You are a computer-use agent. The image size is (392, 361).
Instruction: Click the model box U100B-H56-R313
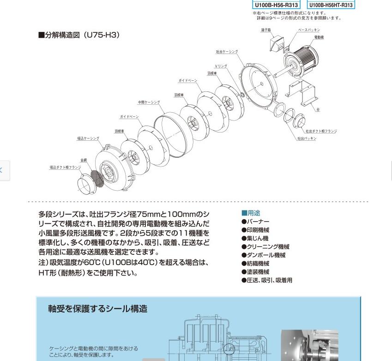click(x=276, y=5)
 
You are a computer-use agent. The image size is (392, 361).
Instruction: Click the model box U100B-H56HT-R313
click(x=331, y=5)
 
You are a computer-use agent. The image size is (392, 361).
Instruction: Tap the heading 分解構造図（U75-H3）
click(x=79, y=35)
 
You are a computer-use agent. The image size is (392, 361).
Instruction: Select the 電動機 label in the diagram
click(x=319, y=37)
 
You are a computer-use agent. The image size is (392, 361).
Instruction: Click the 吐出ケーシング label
click(x=227, y=52)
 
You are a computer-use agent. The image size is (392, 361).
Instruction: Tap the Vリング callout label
click(x=221, y=66)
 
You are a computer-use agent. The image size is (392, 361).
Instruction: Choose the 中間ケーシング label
click(x=149, y=102)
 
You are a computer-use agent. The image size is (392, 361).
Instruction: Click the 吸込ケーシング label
click(x=88, y=138)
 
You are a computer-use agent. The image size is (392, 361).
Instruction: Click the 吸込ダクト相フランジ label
click(x=65, y=167)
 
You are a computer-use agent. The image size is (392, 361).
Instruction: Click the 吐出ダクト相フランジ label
click(x=321, y=131)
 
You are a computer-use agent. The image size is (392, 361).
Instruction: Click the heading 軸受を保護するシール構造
click(x=98, y=309)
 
